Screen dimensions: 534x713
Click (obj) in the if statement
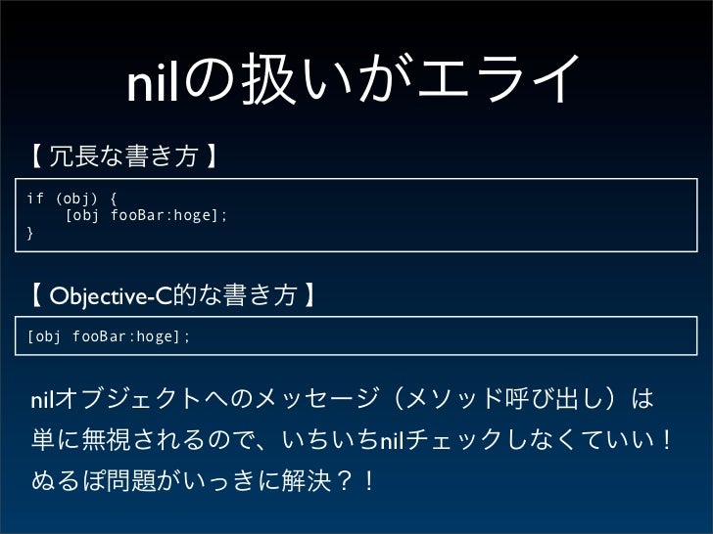click(x=73, y=200)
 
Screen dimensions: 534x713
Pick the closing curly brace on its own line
click(x=30, y=233)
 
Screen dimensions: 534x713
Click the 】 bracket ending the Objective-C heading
click(x=309, y=296)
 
